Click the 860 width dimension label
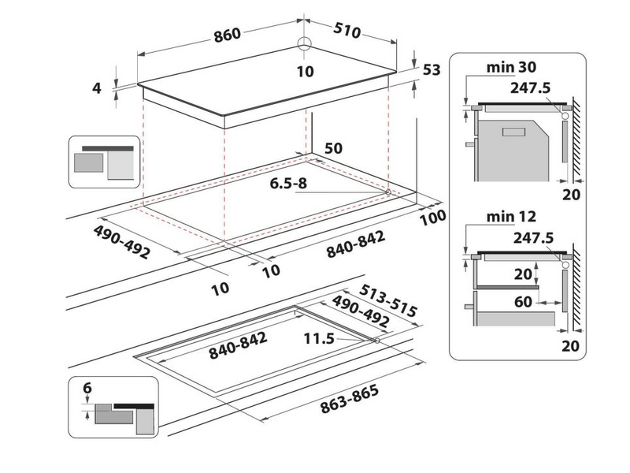[x=228, y=35]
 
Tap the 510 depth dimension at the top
[x=346, y=31]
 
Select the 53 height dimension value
[x=432, y=70]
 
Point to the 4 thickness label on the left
[x=96, y=88]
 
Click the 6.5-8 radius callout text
[x=288, y=184]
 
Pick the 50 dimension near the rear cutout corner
[x=333, y=148]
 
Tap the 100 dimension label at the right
[x=432, y=218]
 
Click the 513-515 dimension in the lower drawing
[x=388, y=300]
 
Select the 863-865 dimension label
[x=350, y=399]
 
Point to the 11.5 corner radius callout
[x=319, y=339]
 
